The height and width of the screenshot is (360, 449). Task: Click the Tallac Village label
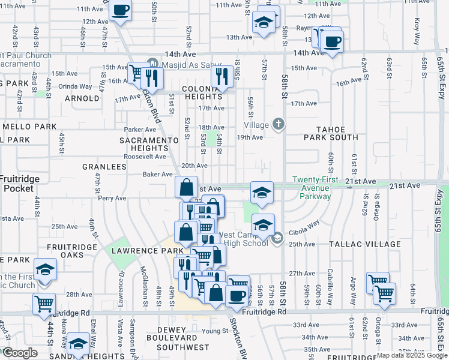(x=365, y=244)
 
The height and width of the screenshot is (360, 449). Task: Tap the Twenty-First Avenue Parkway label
(x=312, y=188)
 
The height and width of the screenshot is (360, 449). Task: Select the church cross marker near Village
(x=278, y=124)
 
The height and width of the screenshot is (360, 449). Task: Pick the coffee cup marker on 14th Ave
(x=331, y=41)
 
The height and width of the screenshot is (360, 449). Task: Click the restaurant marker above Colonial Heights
(x=223, y=76)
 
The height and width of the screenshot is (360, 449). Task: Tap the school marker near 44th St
(x=45, y=270)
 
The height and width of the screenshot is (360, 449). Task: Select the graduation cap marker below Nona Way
(x=77, y=344)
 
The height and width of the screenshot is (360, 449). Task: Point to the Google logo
(x=20, y=353)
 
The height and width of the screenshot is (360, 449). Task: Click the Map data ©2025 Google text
(x=411, y=355)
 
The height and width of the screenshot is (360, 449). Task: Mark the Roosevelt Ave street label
(x=145, y=157)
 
